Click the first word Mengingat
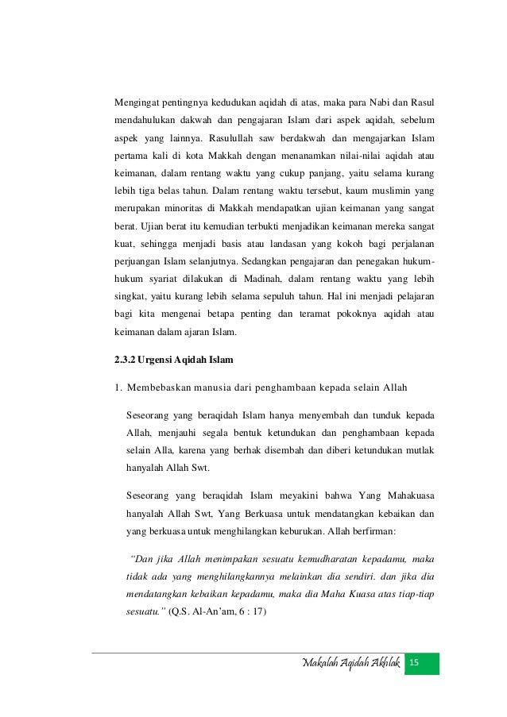(x=140, y=103)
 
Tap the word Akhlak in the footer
(x=380, y=662)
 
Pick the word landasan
(x=294, y=243)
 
